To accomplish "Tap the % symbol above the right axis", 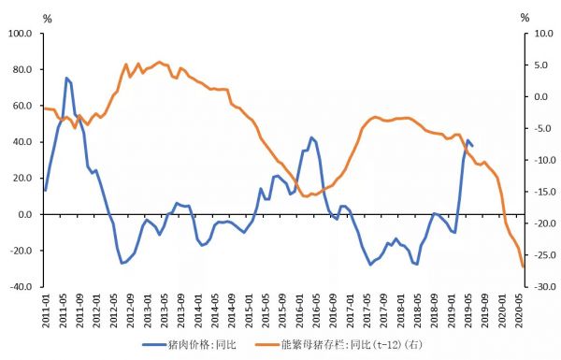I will pyautogui.click(x=525, y=18).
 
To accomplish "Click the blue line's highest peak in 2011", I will pyautogui.click(x=66, y=79).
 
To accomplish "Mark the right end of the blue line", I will pyautogui.click(x=472, y=145).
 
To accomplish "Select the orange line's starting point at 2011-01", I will pyautogui.click(x=45, y=108).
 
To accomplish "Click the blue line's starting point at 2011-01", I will pyautogui.click(x=45, y=190).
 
